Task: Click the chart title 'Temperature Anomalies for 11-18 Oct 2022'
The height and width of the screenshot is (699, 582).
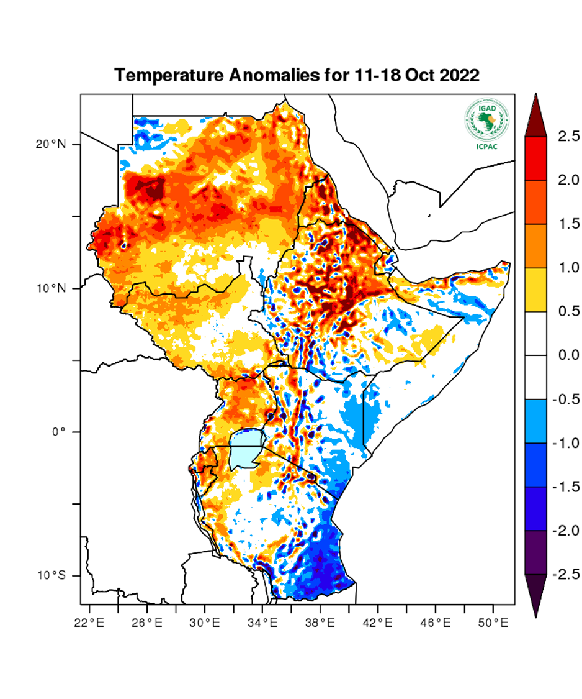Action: click(x=297, y=76)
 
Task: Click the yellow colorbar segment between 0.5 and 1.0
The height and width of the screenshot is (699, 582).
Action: click(x=535, y=290)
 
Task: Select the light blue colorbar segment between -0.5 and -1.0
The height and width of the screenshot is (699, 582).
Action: click(x=535, y=421)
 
